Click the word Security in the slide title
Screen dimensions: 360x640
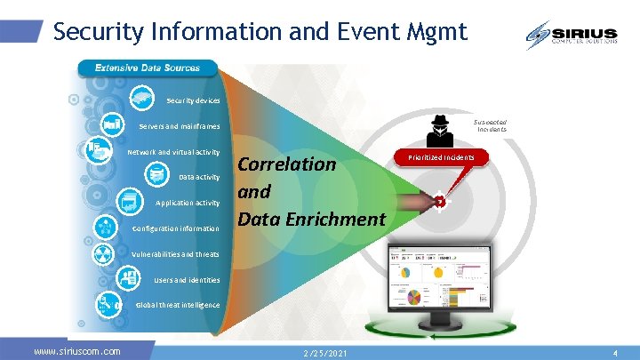coord(91,32)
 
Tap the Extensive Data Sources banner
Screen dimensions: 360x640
coord(147,68)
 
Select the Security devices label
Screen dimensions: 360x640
coord(193,100)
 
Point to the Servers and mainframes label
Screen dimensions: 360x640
coord(179,125)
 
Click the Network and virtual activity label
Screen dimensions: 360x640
coord(174,152)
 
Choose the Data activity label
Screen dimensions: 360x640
coord(198,177)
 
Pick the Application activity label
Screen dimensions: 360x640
coord(187,203)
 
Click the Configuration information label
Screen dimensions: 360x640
coord(175,228)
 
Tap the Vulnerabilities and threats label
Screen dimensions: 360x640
coord(175,254)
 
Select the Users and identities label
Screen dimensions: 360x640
coord(187,280)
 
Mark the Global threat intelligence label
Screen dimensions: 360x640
coord(177,305)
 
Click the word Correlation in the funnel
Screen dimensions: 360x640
coord(287,164)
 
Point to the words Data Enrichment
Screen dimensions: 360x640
coord(311,219)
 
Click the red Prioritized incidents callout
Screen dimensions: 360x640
coord(441,158)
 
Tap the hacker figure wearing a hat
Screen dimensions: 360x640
coord(439,129)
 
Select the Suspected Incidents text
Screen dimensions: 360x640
coord(491,125)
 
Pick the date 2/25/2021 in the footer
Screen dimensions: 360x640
coord(324,354)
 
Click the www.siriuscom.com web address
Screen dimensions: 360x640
coord(76,352)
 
